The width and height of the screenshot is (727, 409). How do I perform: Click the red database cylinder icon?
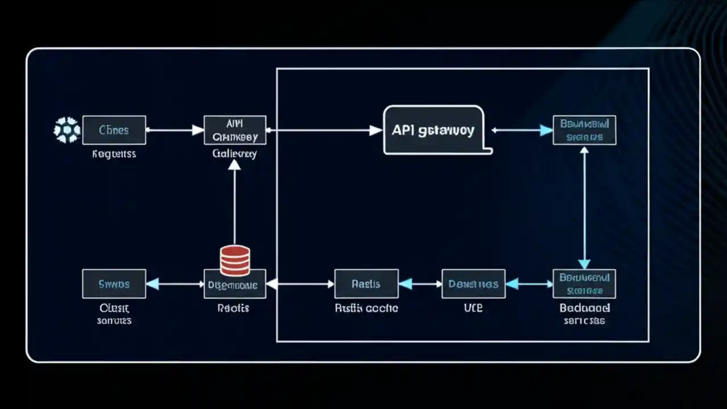coord(235,261)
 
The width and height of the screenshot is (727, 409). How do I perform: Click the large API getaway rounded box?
coord(433,130)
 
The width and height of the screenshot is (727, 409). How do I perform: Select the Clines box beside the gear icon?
coord(114,130)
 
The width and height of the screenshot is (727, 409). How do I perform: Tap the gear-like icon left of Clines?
coord(66,130)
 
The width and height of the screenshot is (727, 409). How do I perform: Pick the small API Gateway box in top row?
coord(235,130)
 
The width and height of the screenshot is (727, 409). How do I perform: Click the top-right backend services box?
coord(584,130)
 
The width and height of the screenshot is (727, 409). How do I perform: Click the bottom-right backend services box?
coord(584,284)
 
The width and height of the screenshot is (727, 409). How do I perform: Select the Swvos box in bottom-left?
coord(114,284)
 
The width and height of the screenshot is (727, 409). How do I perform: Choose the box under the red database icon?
coord(235,285)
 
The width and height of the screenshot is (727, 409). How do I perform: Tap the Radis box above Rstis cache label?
coord(366,284)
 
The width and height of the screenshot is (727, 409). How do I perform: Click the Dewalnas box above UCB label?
coord(473,284)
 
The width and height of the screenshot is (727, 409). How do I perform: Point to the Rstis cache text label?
coord(366,308)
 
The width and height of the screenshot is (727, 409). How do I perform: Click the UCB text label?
coord(473,308)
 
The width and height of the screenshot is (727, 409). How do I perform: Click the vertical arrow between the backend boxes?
coord(584,207)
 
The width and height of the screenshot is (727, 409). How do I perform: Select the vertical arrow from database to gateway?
coord(235,202)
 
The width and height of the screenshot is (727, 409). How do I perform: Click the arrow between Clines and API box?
coord(175,130)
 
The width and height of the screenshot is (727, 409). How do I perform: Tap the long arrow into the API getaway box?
coord(324,130)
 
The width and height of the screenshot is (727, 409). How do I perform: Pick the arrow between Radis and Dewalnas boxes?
coord(420,284)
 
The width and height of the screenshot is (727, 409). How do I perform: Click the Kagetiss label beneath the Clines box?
coord(114,154)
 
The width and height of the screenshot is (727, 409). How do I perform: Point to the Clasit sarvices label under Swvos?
coord(114,314)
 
